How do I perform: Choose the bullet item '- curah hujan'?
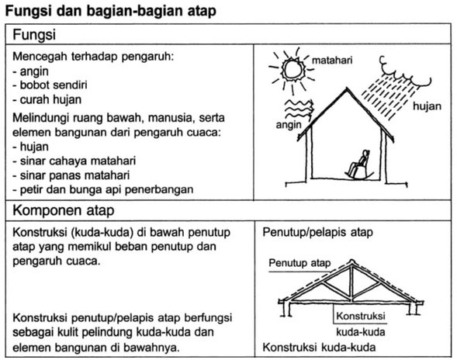(47, 99)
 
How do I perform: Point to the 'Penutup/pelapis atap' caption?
(318, 232)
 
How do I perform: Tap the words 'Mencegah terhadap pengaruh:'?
(86, 57)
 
